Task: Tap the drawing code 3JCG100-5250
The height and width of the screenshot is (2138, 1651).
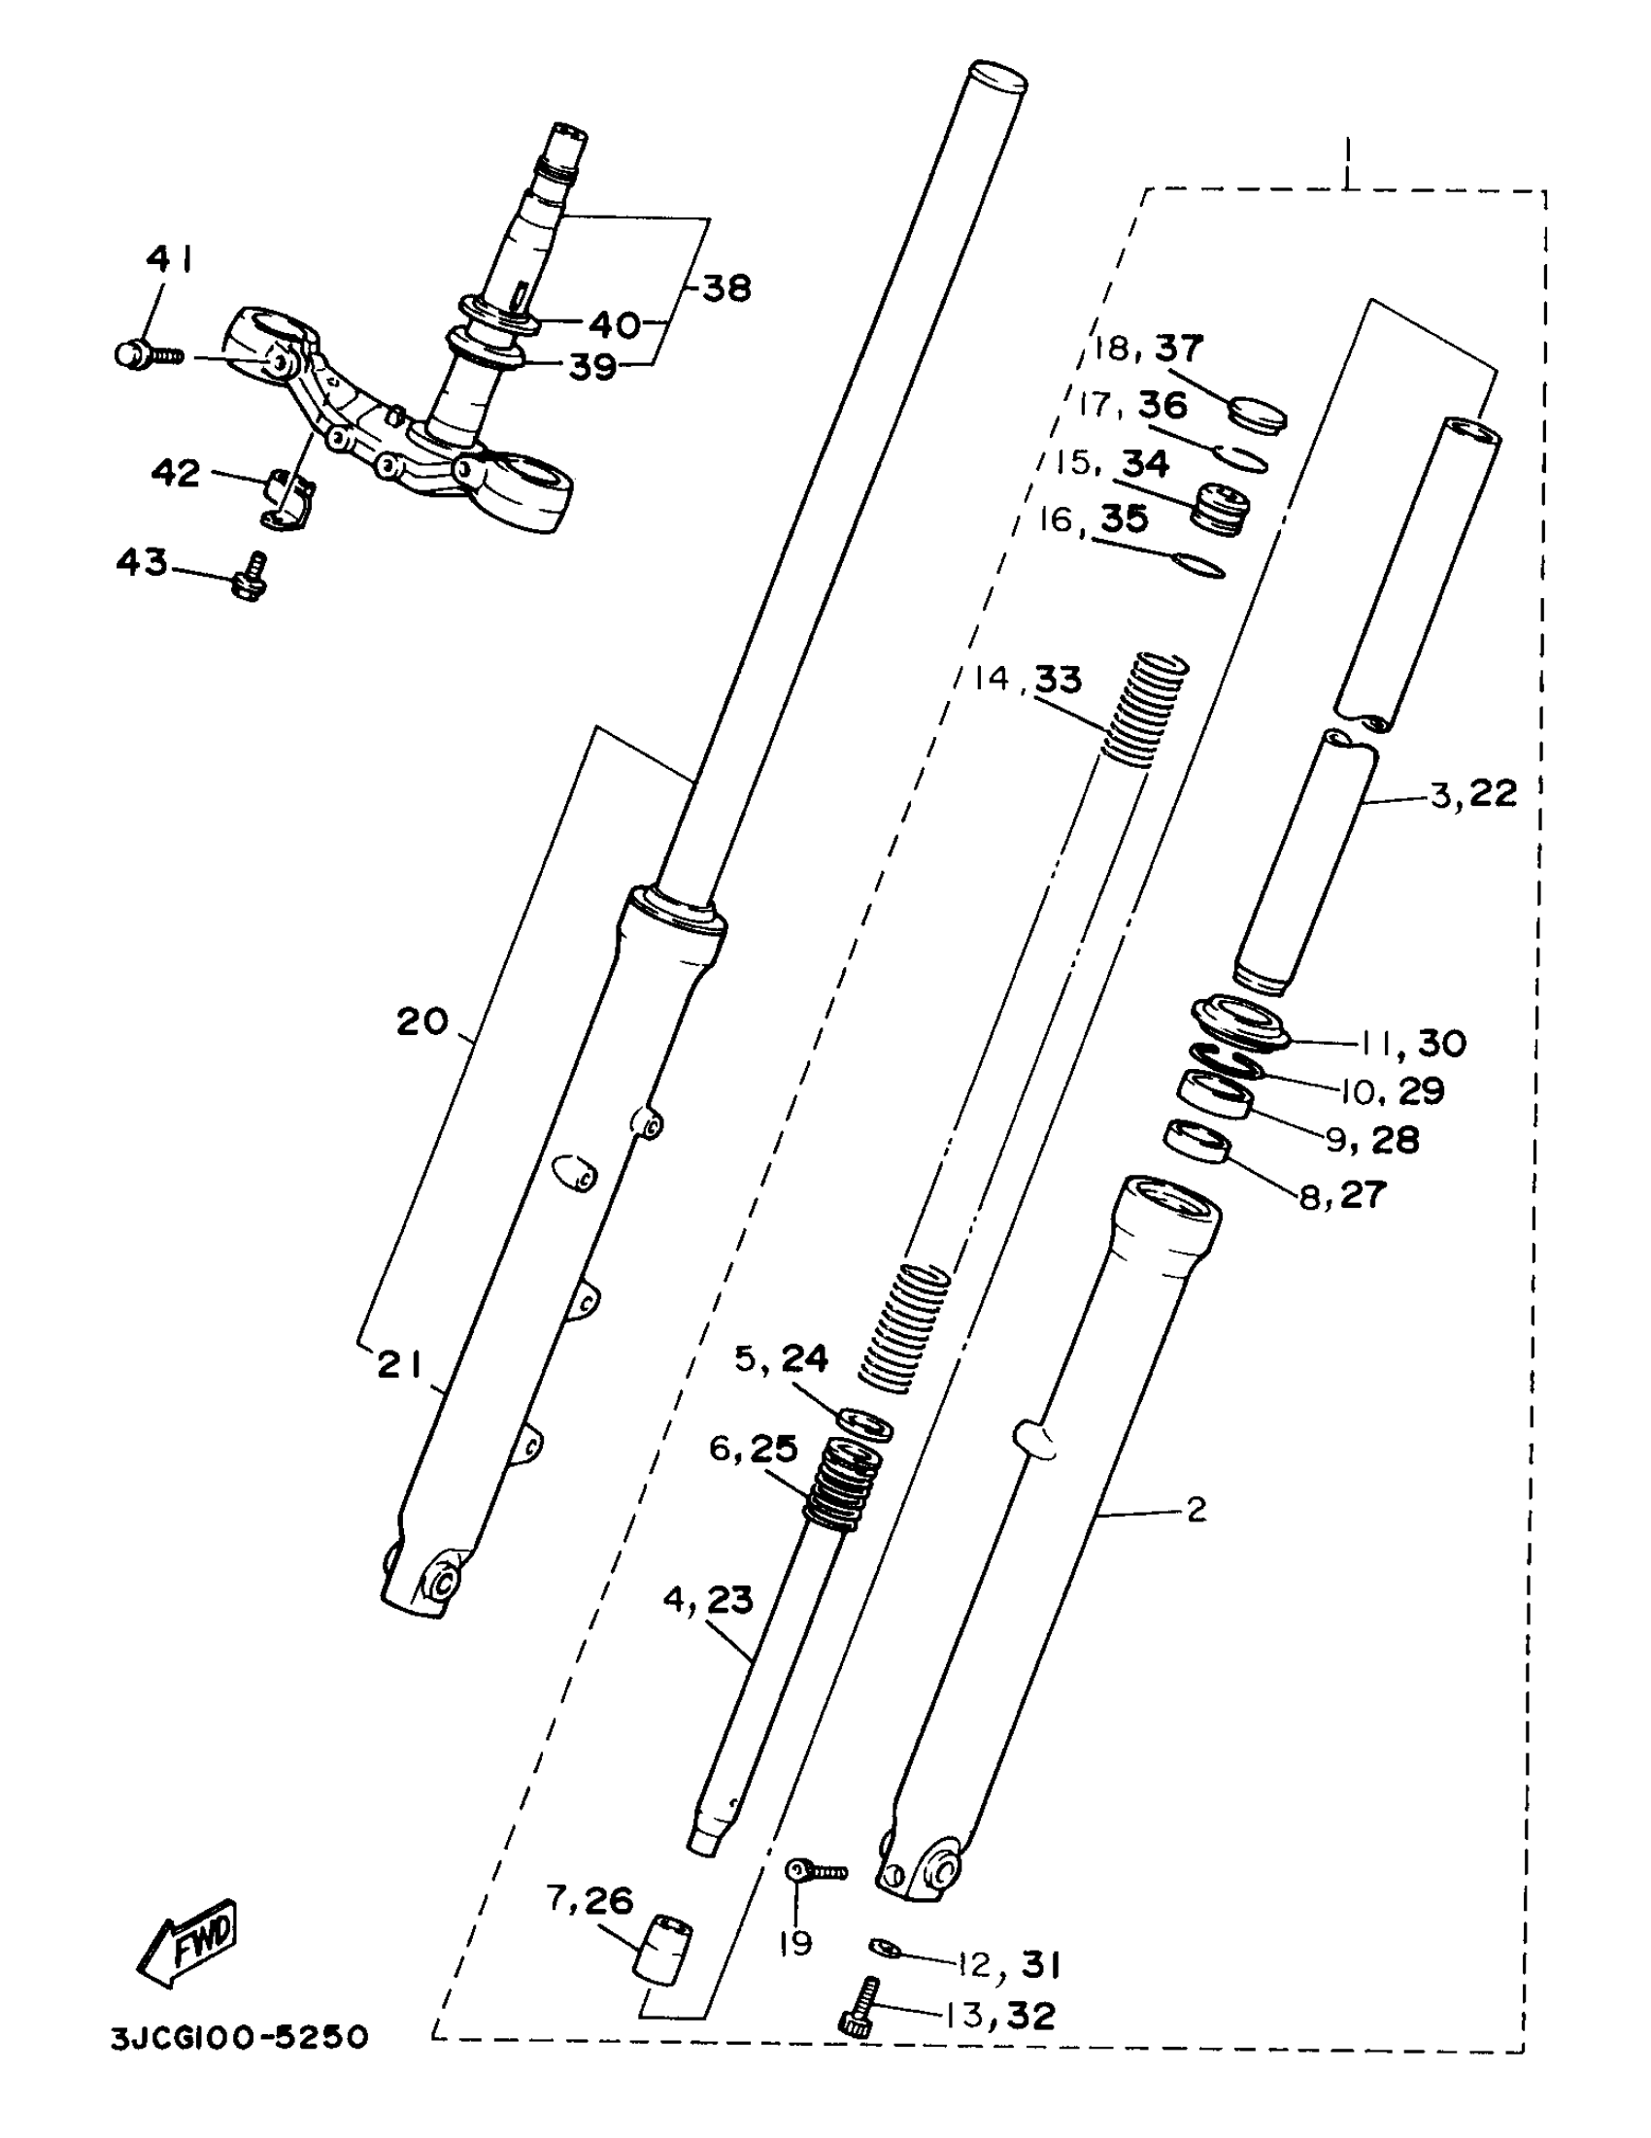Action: point(239,2037)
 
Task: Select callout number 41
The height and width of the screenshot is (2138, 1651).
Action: point(168,259)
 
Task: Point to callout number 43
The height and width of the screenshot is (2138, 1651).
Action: point(142,562)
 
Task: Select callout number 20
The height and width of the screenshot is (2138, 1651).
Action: point(422,1022)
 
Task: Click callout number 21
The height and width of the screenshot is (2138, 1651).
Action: point(399,1364)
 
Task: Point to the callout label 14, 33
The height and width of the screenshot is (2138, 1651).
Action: point(1028,679)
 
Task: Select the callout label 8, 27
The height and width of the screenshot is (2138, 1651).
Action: point(1342,1195)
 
